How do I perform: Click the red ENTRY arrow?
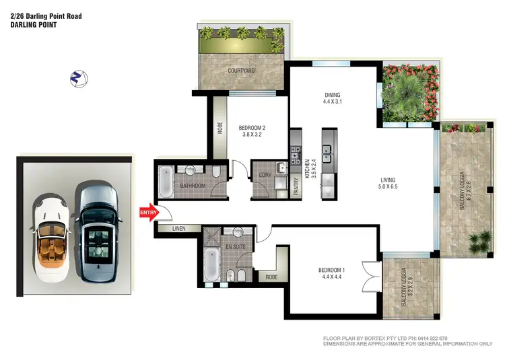click(x=149, y=213)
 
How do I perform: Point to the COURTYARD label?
click(x=240, y=69)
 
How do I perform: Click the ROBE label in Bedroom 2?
click(x=220, y=127)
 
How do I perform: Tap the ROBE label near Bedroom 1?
click(x=272, y=277)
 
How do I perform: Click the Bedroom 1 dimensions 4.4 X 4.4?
click(x=332, y=275)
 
